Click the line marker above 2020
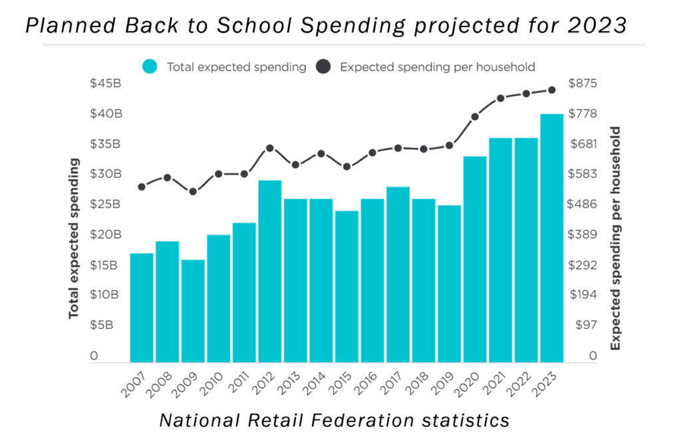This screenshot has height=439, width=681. [475, 117]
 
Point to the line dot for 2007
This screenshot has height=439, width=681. [142, 187]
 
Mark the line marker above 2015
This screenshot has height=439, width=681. [346, 167]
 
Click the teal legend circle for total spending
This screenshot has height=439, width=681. [150, 66]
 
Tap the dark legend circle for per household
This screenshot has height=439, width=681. [323, 66]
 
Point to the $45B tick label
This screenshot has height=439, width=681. [106, 83]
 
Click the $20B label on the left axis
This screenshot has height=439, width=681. [106, 234]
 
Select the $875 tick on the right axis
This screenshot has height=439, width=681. [583, 83]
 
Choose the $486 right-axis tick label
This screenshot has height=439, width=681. [583, 204]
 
